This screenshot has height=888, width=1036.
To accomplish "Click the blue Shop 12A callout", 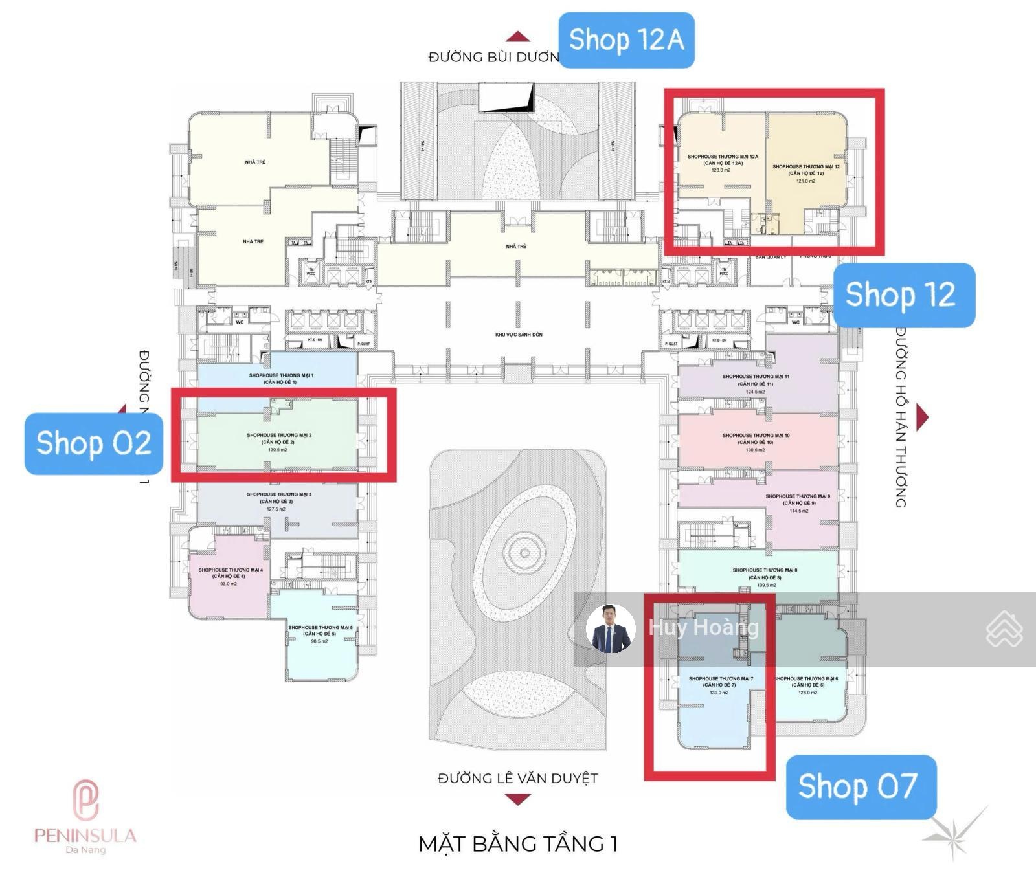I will point(625,40).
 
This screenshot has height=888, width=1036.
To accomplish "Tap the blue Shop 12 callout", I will point(903,295).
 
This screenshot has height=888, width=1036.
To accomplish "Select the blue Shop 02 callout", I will point(94,443).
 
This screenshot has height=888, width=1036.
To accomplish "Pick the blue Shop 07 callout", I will point(860,786).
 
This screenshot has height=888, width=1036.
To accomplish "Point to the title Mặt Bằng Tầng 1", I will point(517,844).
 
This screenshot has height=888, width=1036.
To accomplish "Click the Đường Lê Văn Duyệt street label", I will point(517,778).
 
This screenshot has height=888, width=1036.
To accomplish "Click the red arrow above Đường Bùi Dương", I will point(517,37).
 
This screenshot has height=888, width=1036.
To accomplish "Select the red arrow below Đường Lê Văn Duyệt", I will point(517,800).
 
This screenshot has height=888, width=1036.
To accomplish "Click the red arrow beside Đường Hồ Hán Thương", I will point(923,417).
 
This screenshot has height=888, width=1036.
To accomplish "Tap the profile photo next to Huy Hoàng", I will point(610,628).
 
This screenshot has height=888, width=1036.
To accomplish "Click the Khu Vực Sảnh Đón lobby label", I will point(519,335).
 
